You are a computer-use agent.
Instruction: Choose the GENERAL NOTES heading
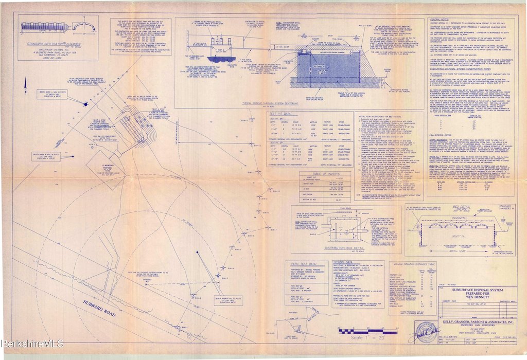click(x=440, y=19)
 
